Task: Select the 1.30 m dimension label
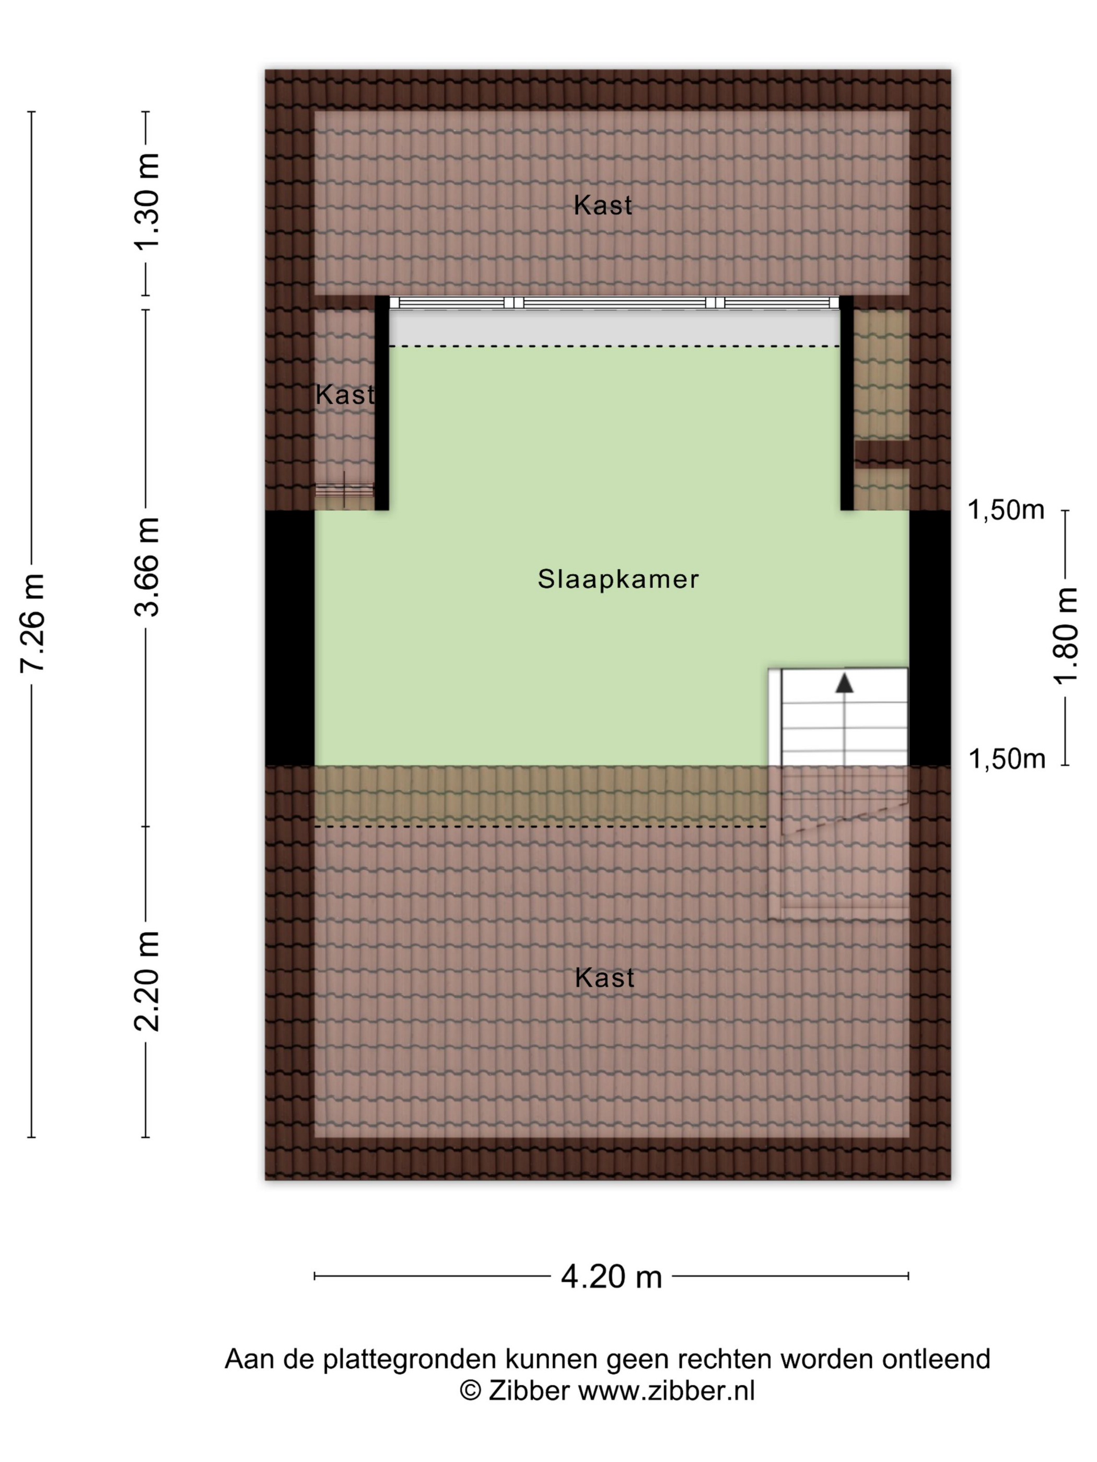[147, 202]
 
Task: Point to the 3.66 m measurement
[147, 567]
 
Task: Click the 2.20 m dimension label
[147, 981]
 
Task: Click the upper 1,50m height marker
[1006, 510]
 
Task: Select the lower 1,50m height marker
[1007, 759]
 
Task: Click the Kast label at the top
[602, 206]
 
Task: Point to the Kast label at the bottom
[604, 977]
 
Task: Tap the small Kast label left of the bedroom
[344, 395]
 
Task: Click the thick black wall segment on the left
[289, 638]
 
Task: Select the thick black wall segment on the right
[930, 638]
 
